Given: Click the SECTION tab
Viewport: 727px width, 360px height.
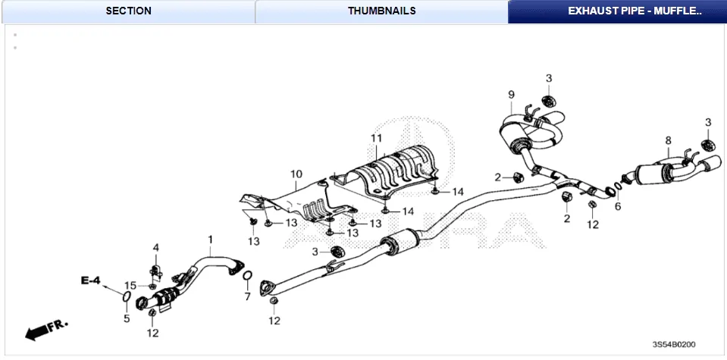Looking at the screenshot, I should pos(128,11).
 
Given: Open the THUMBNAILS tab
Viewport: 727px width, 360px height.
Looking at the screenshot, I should pos(381,11).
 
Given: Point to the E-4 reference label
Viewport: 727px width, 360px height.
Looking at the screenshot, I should pos(90,281).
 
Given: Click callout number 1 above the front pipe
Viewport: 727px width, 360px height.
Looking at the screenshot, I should pos(210,239).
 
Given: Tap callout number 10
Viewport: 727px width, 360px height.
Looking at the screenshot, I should pos(295,174).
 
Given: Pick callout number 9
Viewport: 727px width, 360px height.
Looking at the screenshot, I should pos(511,94).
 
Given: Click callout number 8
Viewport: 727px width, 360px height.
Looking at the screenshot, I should pos(668,140).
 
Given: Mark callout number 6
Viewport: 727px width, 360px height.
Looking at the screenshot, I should pos(617,206).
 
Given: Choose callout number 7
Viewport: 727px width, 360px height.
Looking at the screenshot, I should pos(247,296).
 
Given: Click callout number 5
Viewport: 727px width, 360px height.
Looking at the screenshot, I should pos(127,319).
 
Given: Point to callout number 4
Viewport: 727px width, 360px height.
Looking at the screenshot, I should pos(155,247).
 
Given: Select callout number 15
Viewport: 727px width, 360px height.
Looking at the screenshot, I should pos(130,285).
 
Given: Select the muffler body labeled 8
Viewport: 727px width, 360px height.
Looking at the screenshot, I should pos(653,175).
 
